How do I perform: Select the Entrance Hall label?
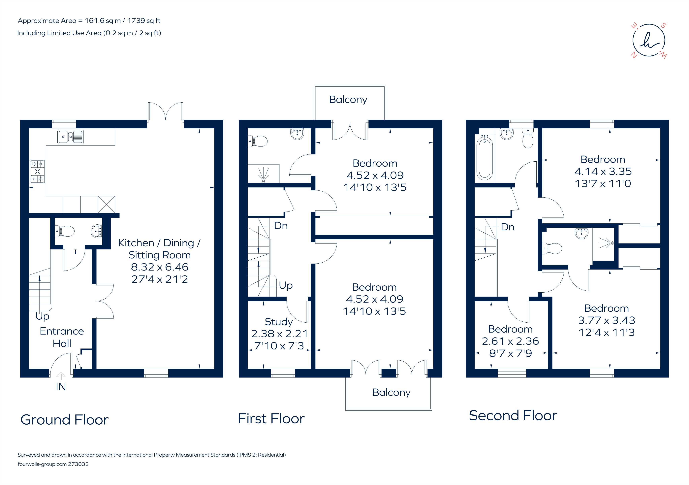[62, 337]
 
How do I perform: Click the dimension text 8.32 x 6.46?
[159, 267]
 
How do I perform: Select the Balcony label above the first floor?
[348, 99]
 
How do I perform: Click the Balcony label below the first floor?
[391, 392]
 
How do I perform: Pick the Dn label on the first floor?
[281, 226]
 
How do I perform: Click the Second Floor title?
[513, 416]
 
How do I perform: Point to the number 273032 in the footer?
[78, 464]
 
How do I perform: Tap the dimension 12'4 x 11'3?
[607, 332]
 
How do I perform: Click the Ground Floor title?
[65, 420]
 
